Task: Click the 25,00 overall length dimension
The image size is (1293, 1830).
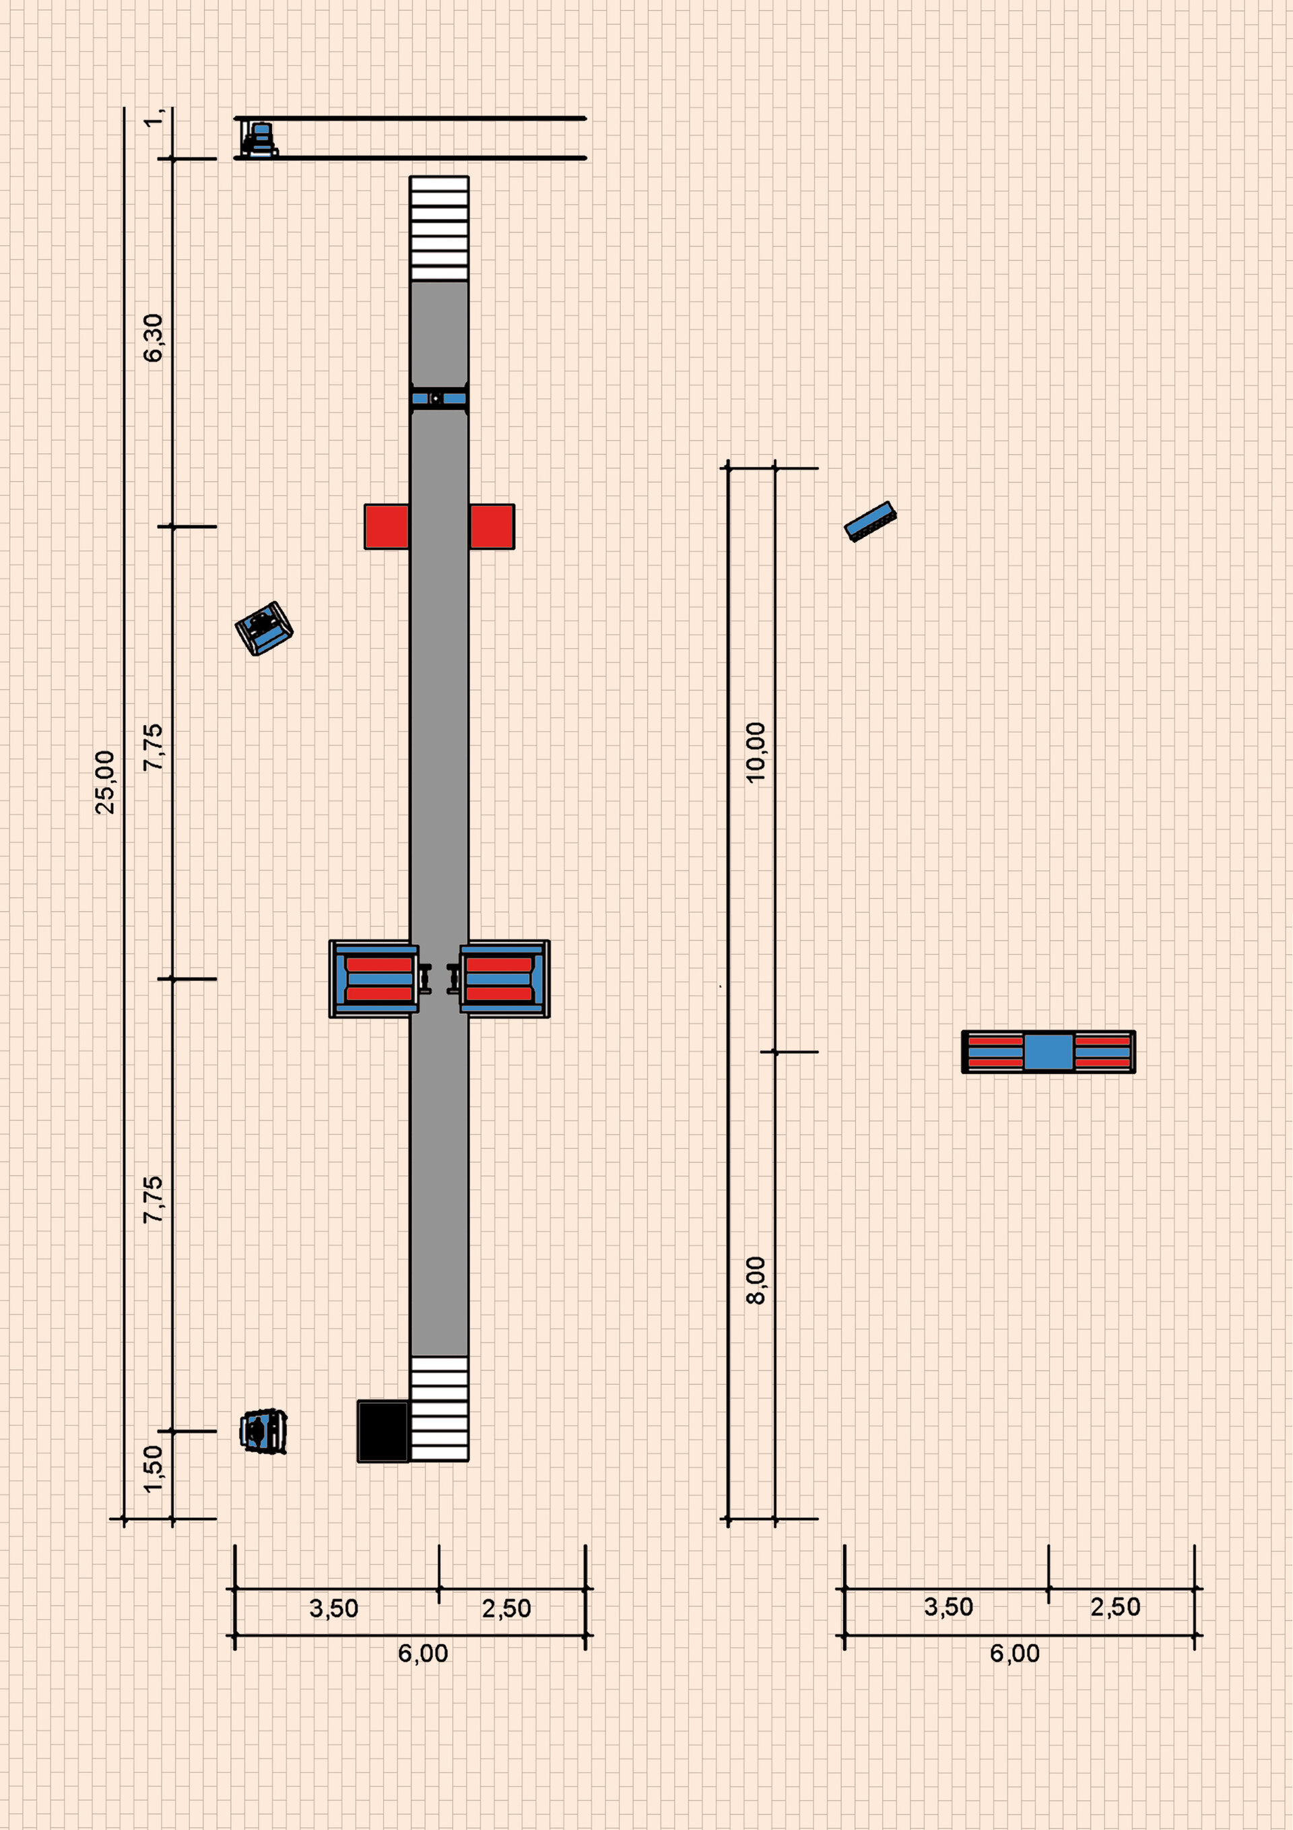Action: (105, 782)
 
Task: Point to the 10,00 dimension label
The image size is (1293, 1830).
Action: (755, 753)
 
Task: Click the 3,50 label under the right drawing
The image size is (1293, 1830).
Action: (948, 1607)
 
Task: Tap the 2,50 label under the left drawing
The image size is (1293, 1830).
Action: (506, 1608)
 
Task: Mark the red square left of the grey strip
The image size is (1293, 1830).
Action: (387, 527)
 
